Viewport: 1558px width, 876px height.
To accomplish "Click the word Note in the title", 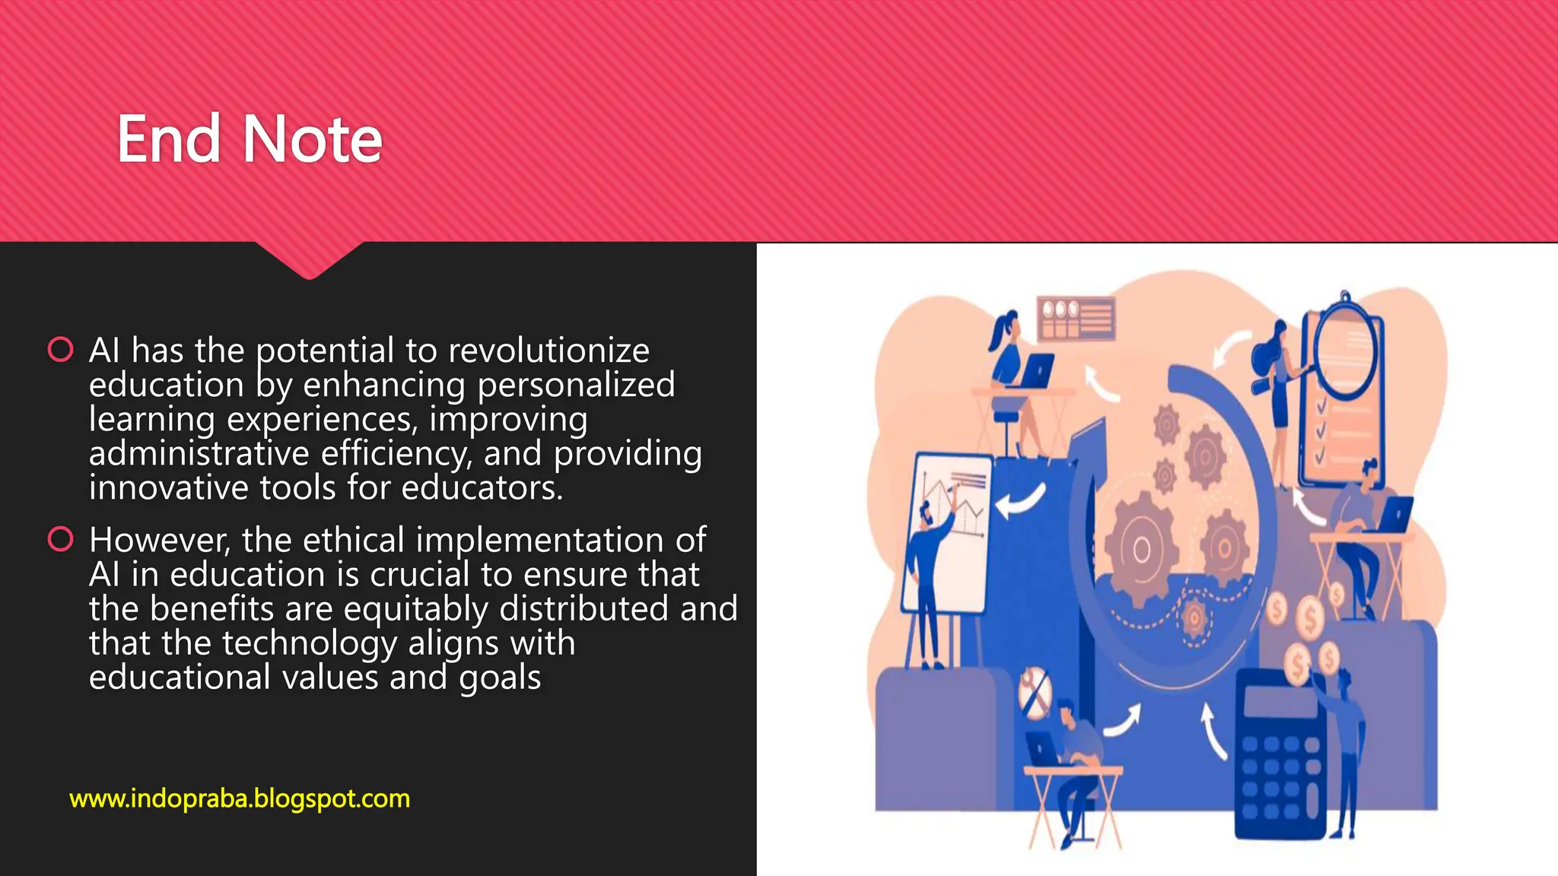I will click(312, 140).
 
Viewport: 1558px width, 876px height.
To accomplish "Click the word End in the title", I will click(169, 140).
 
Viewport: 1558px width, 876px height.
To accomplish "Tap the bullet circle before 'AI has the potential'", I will click(60, 350).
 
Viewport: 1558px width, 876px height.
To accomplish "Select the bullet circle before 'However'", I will click(60, 539).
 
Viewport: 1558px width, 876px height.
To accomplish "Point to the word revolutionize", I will click(548, 351).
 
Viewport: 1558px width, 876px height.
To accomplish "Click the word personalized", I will click(576, 385).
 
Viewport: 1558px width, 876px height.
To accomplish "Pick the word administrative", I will click(199, 454).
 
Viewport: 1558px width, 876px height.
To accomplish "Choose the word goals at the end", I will click(500, 678).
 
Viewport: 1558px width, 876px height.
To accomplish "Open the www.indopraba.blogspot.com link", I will click(240, 798).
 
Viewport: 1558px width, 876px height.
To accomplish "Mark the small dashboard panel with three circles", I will click(1076, 317).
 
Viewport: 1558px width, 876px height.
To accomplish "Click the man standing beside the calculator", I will click(1343, 745).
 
